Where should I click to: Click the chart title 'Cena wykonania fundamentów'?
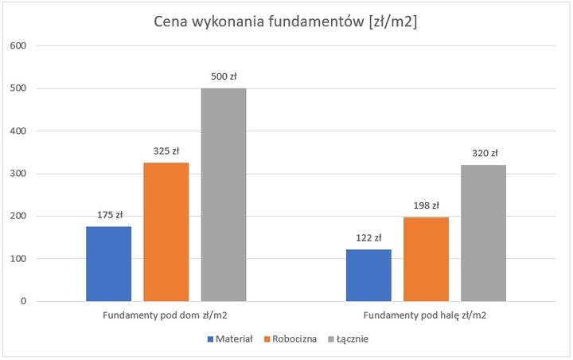(x=286, y=22)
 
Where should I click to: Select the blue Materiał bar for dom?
(x=108, y=264)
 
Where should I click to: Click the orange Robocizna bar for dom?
(x=166, y=232)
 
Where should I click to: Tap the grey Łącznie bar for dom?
(x=224, y=194)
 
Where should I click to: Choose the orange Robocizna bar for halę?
(x=426, y=259)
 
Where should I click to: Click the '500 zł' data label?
(x=224, y=76)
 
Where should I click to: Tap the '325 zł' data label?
(x=166, y=151)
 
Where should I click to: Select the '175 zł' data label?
(x=108, y=214)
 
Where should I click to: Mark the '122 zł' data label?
(x=368, y=237)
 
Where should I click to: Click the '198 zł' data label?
(x=426, y=205)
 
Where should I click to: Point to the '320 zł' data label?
(x=483, y=153)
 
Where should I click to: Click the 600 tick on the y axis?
(x=18, y=45)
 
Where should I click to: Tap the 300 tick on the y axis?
(x=18, y=174)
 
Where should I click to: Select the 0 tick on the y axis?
(x=24, y=301)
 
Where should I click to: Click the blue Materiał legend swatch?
(x=210, y=339)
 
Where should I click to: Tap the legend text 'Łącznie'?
(x=351, y=339)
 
